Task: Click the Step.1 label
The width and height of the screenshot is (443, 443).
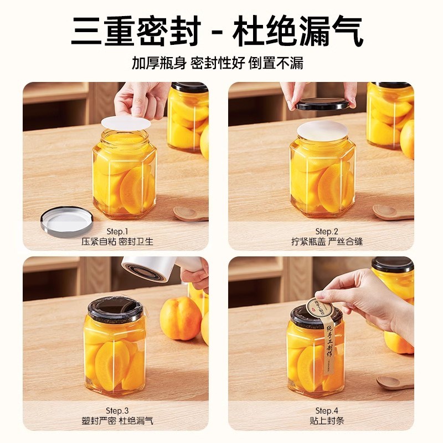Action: (x=117, y=231)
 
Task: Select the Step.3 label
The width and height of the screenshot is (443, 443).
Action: (x=117, y=410)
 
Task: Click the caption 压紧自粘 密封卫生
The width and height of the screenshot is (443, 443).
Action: (x=117, y=241)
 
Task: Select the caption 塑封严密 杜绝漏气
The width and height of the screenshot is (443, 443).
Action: (x=117, y=421)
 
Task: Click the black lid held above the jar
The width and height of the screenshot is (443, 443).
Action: (x=323, y=104)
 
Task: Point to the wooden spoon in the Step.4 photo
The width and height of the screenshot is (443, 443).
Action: (x=394, y=383)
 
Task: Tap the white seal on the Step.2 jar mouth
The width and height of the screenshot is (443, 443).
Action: (x=322, y=131)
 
